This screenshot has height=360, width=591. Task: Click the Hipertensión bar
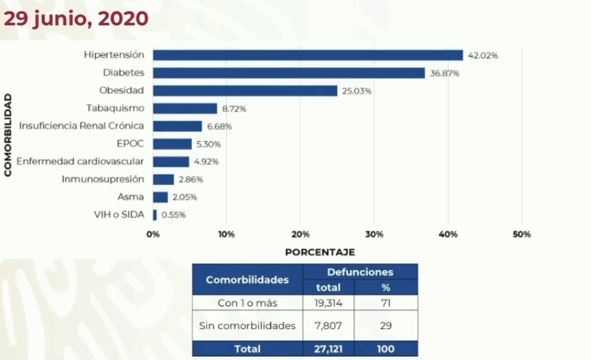pos(307,55)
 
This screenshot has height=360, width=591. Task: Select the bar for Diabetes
pos(288,73)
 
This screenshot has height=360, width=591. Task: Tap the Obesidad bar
pos(245,91)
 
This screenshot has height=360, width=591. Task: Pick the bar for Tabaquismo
pos(184,108)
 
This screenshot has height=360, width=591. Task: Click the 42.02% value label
pos(484,56)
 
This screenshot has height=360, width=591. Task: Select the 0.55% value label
pos(173,215)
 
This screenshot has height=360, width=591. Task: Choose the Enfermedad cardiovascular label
pos(80,161)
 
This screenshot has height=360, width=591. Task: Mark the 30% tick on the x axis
pos(375,234)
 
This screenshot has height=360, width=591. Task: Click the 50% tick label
pos(521,234)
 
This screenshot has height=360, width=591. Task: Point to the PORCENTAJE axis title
pos(319,252)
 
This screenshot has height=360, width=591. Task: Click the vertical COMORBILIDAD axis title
pos(8,135)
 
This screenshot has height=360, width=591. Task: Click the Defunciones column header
pos(360,272)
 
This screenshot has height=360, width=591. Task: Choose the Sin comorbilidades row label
pos(247,326)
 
